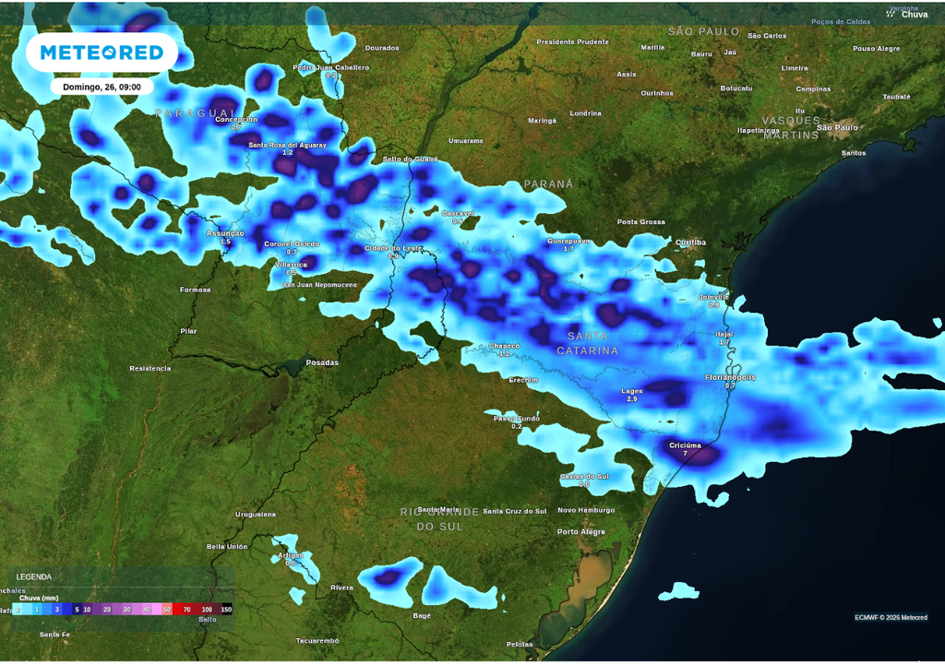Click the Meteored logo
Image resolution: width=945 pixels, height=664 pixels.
pos(102,53)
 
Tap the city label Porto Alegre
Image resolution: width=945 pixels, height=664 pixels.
pos(581,531)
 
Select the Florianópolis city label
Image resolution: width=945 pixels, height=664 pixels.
pos(730,377)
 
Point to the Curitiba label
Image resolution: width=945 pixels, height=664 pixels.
pos(690,243)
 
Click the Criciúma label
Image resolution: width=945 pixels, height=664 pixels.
pos(685,445)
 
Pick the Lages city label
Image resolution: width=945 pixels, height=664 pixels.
pos(632,391)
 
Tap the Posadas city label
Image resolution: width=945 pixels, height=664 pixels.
pos(322,362)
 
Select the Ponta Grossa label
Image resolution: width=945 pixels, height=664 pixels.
pos(641,222)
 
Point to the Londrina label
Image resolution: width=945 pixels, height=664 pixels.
pos(586,113)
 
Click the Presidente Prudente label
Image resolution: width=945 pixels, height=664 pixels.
pos(573,41)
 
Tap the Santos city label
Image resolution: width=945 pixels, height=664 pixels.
pos(854,152)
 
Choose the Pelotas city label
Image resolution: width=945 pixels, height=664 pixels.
pos(520,644)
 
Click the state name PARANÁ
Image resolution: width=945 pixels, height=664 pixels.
pos(549,184)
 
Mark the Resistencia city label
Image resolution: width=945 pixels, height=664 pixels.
pos(150,368)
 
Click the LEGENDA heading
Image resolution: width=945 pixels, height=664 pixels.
pos(34,576)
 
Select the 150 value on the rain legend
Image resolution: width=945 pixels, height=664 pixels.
pos(226,610)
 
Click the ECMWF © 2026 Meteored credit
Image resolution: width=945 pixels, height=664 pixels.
pos(891,617)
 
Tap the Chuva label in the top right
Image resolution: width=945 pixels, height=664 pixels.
pos(914,14)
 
